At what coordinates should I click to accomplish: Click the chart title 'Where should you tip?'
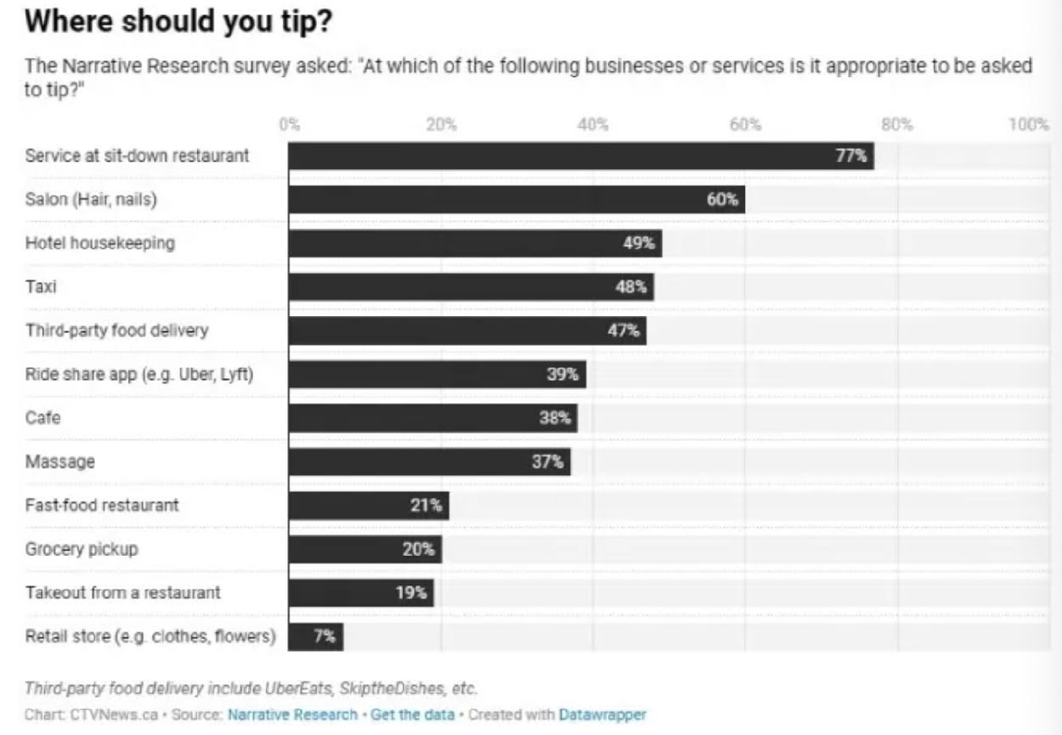178,24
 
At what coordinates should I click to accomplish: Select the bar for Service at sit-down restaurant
580,156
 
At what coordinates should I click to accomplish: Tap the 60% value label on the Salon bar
723,200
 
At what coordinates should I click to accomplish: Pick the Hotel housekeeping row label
100,243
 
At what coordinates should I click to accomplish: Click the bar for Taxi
470,287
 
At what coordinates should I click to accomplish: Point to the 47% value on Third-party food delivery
624,331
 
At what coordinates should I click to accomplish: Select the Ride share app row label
139,374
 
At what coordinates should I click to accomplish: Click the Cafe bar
432,418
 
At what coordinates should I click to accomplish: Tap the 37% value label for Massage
548,461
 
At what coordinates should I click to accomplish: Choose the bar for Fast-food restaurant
368,506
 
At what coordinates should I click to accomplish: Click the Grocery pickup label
82,549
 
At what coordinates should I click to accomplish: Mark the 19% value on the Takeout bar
411,592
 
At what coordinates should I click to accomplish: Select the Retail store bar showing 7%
315,636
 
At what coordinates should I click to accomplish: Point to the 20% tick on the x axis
442,124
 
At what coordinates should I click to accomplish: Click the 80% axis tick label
897,124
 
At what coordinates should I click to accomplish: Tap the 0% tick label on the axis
290,124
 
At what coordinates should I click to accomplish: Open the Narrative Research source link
292,715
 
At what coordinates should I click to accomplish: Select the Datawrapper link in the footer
602,715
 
